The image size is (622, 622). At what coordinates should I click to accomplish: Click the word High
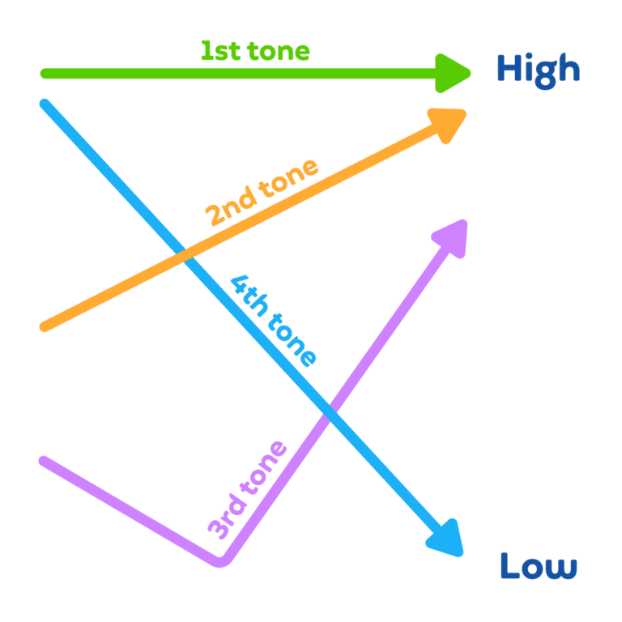click(539, 71)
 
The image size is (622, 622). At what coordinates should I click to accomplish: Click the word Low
click(539, 565)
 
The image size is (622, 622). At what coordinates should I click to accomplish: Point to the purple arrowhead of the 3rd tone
click(451, 238)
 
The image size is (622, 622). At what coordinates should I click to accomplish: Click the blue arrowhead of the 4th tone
click(446, 539)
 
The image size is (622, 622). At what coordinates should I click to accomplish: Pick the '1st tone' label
click(255, 51)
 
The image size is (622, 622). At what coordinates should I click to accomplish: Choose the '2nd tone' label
click(262, 193)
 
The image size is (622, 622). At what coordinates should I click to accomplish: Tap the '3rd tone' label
click(247, 490)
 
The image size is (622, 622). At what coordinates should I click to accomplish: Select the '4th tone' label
click(274, 321)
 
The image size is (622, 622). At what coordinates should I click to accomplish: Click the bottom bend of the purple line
click(220, 562)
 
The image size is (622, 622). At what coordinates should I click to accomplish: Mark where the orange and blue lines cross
click(185, 255)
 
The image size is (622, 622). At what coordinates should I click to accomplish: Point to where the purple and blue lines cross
click(330, 411)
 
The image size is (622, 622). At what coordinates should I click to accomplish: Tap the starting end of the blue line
click(45, 104)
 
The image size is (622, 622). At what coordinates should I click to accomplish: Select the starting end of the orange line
click(44, 327)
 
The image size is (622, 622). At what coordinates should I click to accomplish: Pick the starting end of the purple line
click(44, 461)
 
